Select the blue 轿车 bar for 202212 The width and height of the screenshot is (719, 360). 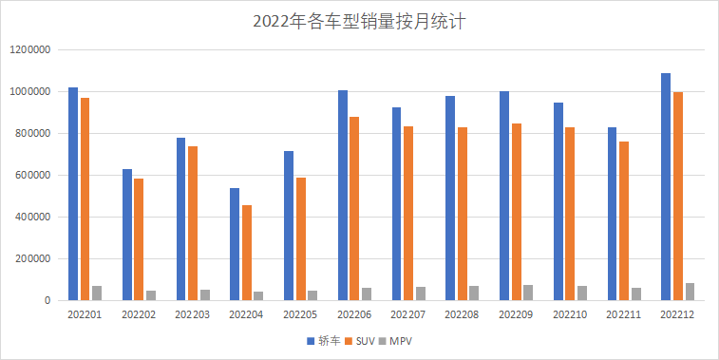[666, 187]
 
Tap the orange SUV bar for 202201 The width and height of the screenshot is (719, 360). [85, 199]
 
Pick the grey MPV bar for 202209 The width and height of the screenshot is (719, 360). [527, 293]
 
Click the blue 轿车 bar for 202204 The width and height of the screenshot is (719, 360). [234, 244]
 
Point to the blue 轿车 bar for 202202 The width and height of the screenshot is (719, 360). [126, 235]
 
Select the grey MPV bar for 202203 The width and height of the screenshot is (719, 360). [204, 295]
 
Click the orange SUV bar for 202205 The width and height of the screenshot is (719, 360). [300, 239]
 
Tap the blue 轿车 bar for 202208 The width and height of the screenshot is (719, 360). [450, 199]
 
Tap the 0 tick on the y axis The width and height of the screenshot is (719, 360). [46, 300]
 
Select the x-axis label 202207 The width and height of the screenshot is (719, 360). [408, 313]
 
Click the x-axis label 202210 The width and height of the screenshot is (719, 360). [570, 313]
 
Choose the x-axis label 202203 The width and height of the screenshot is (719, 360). [193, 313]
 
